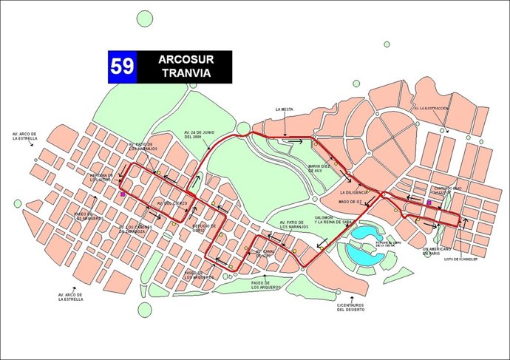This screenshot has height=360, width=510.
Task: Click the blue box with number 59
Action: [123, 67]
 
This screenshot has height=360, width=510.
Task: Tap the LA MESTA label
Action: [284, 109]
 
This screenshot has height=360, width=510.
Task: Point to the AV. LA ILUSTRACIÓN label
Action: [431, 109]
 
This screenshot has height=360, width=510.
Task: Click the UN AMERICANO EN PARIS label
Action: [435, 251]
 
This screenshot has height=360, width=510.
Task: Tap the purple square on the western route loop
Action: [122, 194]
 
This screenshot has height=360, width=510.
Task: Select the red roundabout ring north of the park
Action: [242, 129]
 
